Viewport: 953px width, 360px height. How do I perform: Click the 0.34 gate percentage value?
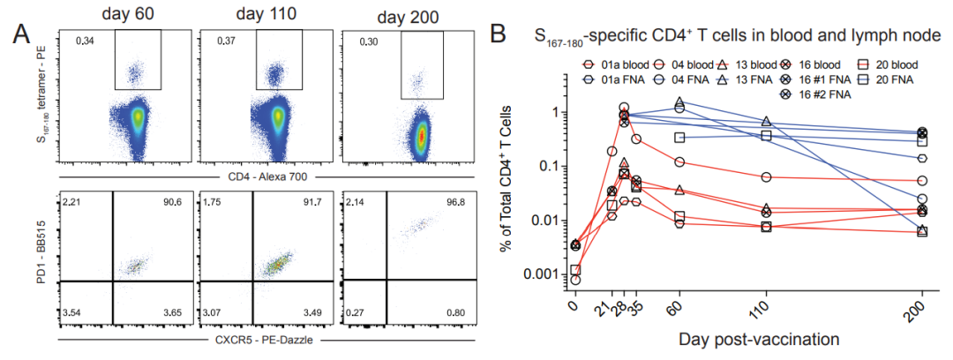click(x=86, y=40)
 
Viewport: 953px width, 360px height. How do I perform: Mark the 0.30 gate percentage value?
click(x=368, y=41)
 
